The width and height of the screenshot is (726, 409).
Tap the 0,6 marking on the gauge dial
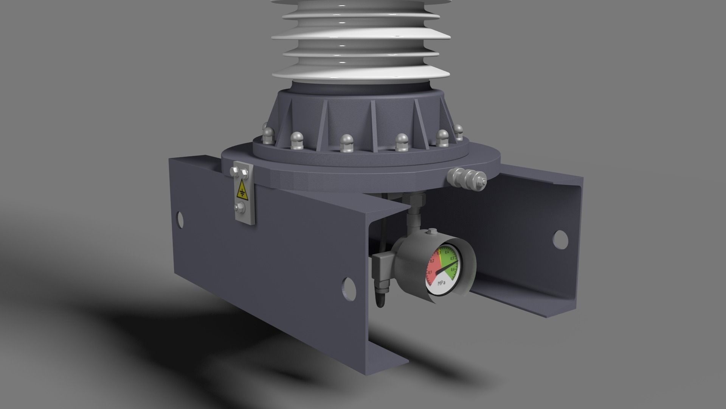pyautogui.click(x=453, y=270)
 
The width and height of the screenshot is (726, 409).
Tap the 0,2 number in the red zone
pyautogui.click(x=432, y=261)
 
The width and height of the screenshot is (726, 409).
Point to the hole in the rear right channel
pyautogui.click(x=560, y=237)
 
